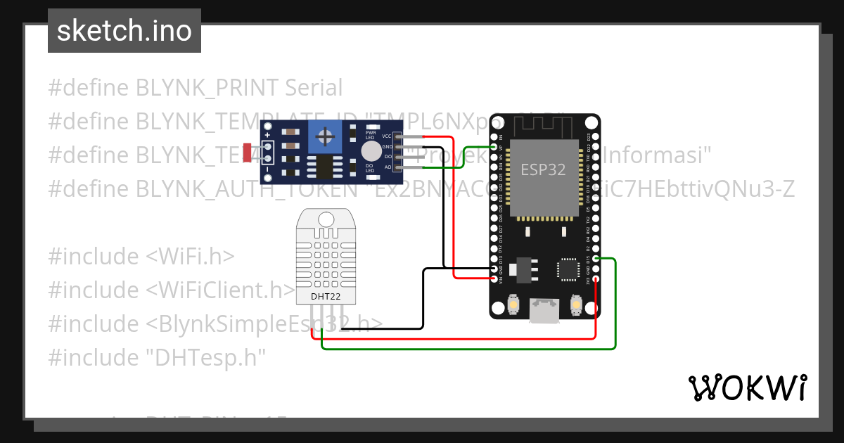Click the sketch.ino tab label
click(124, 31)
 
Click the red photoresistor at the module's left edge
click(247, 151)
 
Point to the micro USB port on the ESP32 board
click(544, 311)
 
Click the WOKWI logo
click(747, 387)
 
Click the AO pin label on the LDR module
click(388, 167)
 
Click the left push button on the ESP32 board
click(513, 304)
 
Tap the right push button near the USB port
click(576, 304)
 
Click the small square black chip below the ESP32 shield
click(568, 269)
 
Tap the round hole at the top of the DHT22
click(326, 219)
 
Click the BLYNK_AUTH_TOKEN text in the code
click(224, 188)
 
